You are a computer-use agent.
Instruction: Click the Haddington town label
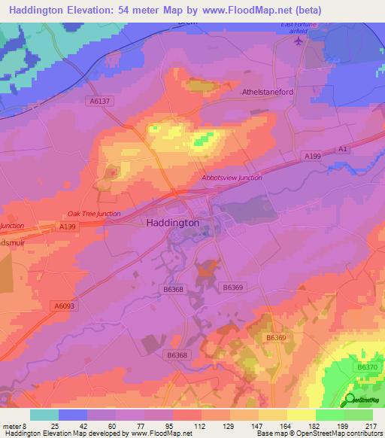(x=173, y=223)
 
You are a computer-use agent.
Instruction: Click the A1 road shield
(x=343, y=150)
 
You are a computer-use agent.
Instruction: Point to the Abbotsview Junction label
(x=232, y=178)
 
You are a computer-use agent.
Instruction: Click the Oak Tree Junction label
(x=94, y=214)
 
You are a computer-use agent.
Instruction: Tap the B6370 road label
(x=368, y=367)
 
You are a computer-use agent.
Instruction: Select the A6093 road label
(x=65, y=305)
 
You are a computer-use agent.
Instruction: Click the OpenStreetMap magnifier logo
(x=350, y=400)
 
